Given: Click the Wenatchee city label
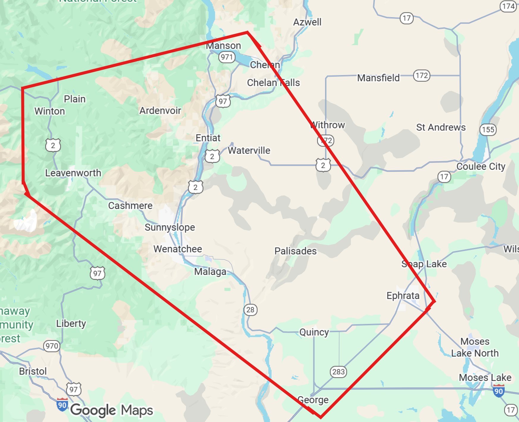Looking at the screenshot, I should click(x=178, y=249).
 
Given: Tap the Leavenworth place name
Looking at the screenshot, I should click(x=73, y=173).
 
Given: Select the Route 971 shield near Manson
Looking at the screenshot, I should click(x=227, y=57).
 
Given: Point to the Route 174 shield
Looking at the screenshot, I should click(x=508, y=6).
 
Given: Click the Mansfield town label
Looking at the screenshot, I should click(x=378, y=78).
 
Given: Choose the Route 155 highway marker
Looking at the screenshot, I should click(x=488, y=129).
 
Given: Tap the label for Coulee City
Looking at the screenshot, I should click(x=481, y=166).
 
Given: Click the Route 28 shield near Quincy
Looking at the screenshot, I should click(x=250, y=310).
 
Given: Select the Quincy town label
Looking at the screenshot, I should click(x=314, y=332).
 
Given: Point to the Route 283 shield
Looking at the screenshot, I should click(x=338, y=372).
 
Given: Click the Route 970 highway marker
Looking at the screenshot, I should click(x=52, y=346).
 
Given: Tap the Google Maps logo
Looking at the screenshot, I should click(x=112, y=410).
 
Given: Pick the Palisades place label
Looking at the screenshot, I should click(x=295, y=251).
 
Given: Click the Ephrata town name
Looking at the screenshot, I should click(x=403, y=295).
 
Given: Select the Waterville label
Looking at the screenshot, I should click(x=249, y=151).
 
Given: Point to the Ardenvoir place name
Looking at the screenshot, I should click(x=160, y=110).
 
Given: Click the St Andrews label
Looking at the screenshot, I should click(x=441, y=127).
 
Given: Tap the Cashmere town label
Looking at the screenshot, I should click(x=130, y=206).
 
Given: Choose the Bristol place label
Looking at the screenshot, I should click(x=33, y=371).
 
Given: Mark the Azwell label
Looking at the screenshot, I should click(x=307, y=22).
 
